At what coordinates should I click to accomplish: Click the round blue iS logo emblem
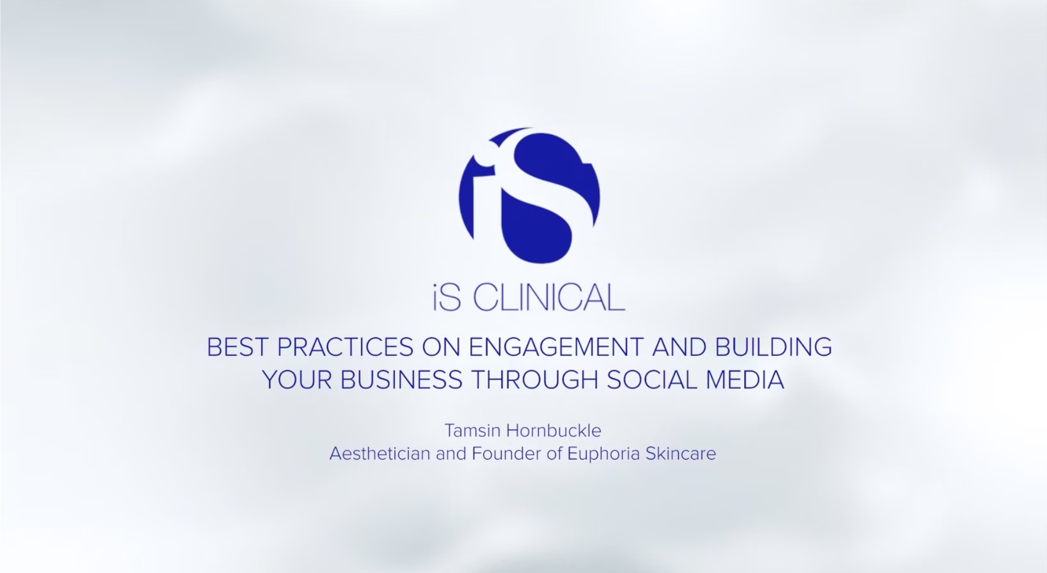coord(529,195)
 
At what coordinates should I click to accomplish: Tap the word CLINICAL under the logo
coord(549,297)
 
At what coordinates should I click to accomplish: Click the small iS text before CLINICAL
coord(447,297)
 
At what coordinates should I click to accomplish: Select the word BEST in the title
coord(238,347)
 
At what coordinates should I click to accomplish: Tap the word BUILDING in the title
coord(774,347)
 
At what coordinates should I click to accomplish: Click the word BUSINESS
coord(401,380)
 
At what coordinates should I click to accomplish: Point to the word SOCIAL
coord(652,380)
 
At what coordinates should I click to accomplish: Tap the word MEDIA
coord(745,380)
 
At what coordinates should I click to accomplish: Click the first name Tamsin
coord(472,431)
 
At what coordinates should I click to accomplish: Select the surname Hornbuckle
coord(554,431)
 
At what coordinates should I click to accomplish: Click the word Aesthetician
coord(380,453)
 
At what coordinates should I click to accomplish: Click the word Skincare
coord(681,453)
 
